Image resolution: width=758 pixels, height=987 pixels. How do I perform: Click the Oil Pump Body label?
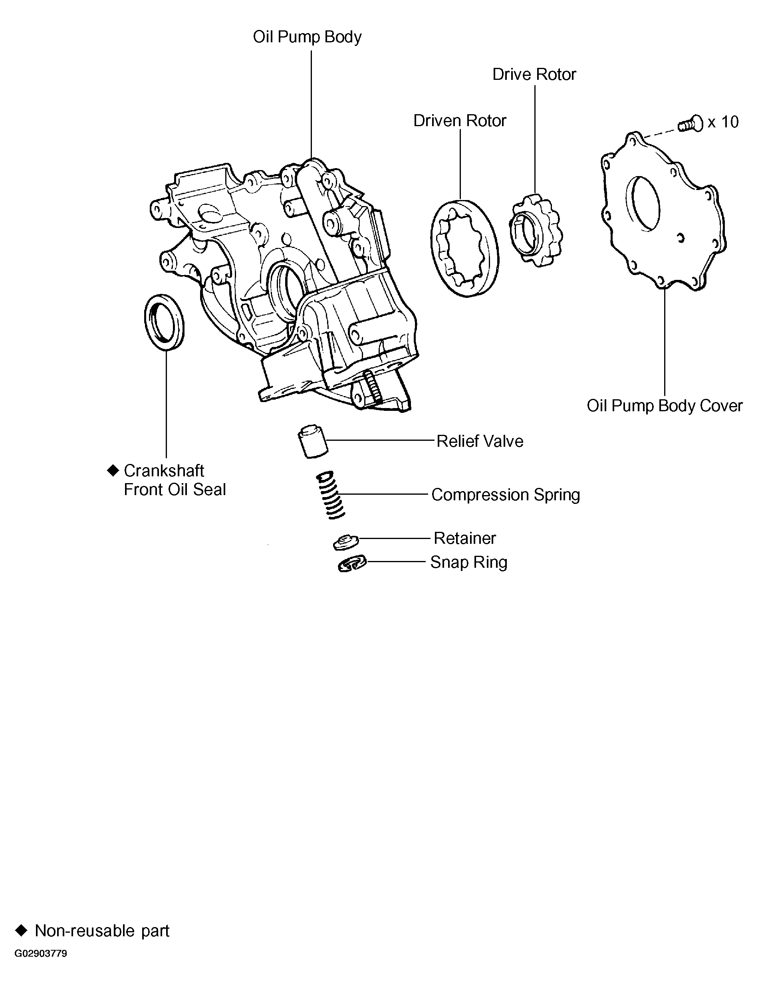(x=307, y=37)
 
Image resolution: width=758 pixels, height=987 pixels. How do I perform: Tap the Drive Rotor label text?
(x=534, y=74)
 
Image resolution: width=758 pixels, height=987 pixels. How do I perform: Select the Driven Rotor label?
(x=459, y=121)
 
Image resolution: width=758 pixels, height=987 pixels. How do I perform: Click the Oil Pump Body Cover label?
(x=664, y=406)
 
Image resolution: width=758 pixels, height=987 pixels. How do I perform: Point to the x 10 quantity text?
(x=723, y=122)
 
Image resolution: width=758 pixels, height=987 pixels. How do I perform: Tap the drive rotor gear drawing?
(x=536, y=230)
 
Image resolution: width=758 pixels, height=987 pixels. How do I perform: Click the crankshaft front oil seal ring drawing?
(x=164, y=321)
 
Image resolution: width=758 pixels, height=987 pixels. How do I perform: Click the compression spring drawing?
(x=331, y=495)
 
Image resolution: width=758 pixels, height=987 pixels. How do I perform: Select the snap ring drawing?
(x=352, y=564)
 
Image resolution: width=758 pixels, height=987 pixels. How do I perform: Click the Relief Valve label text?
(x=480, y=441)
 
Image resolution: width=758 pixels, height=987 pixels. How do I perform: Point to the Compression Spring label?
(x=505, y=495)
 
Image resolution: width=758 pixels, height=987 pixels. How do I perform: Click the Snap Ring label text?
(x=468, y=563)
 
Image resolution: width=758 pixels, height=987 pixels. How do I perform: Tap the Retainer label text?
(x=465, y=538)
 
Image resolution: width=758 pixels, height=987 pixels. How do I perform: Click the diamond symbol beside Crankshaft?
(x=112, y=470)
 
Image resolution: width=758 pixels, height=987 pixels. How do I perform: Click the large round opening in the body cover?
(x=643, y=204)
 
